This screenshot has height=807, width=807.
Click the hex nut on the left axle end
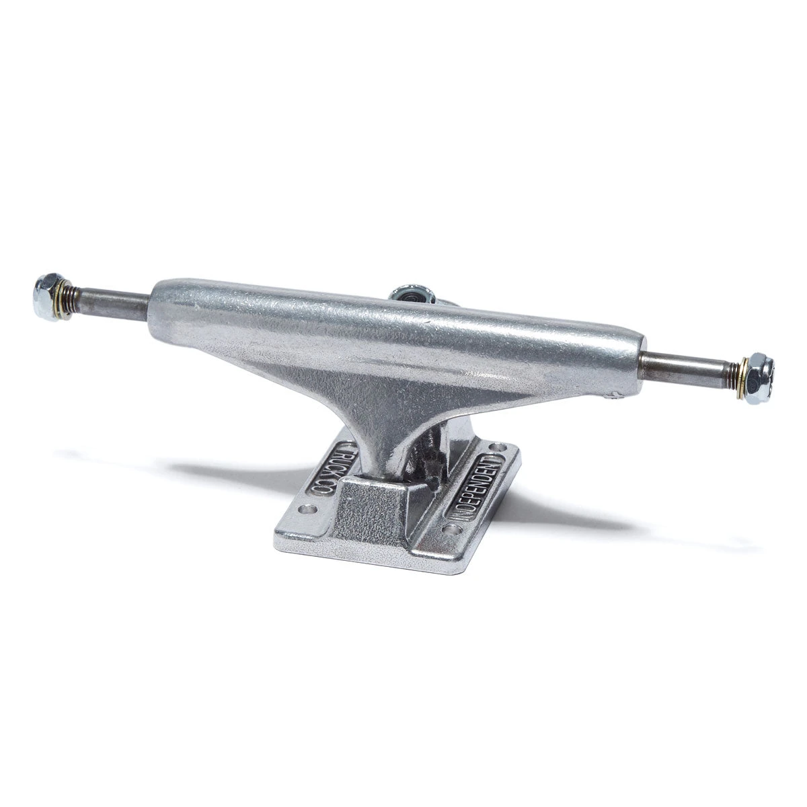pos(47,289)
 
